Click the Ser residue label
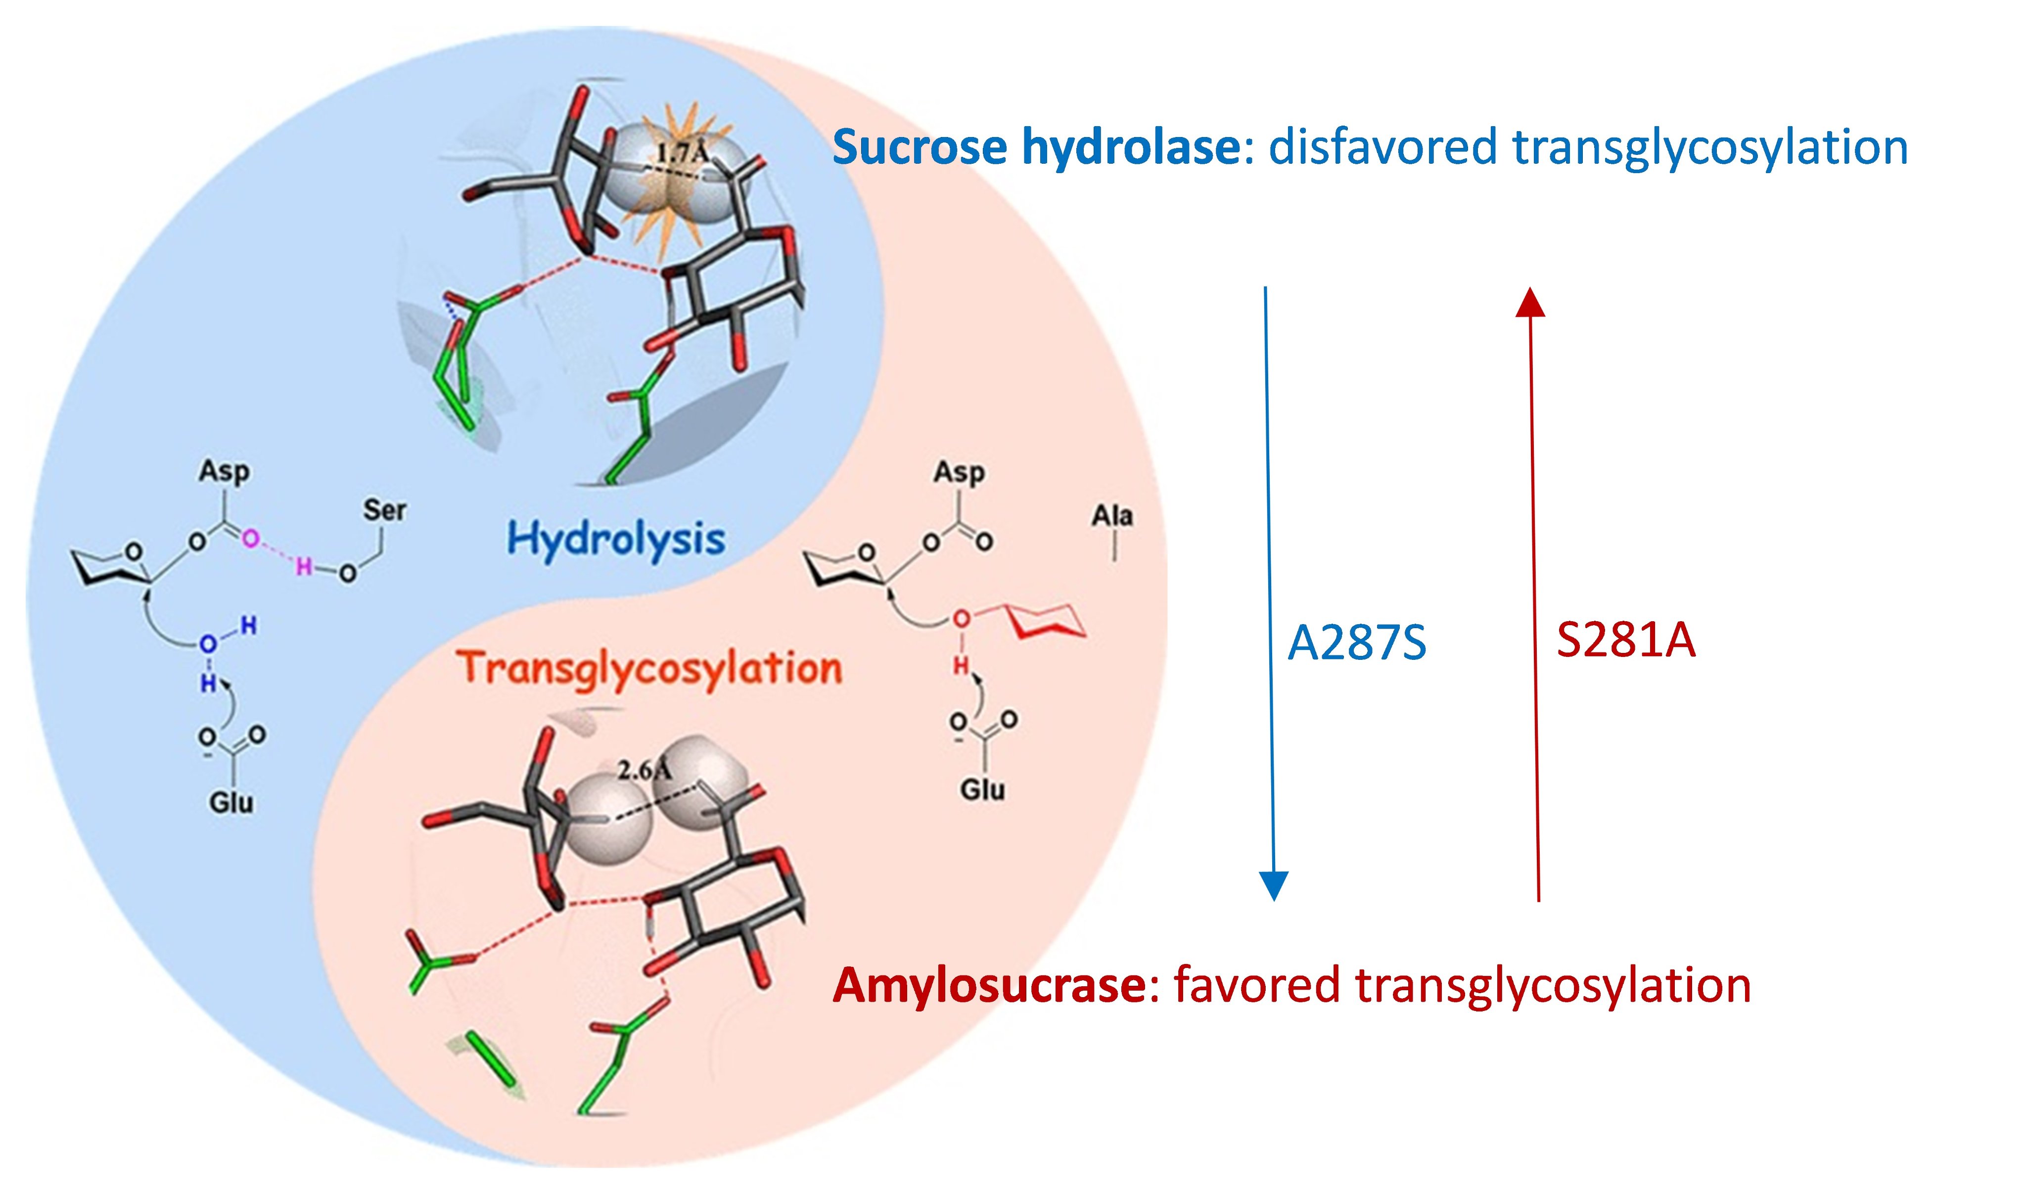(x=384, y=509)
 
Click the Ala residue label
(x=1112, y=515)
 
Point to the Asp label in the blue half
(x=224, y=471)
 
